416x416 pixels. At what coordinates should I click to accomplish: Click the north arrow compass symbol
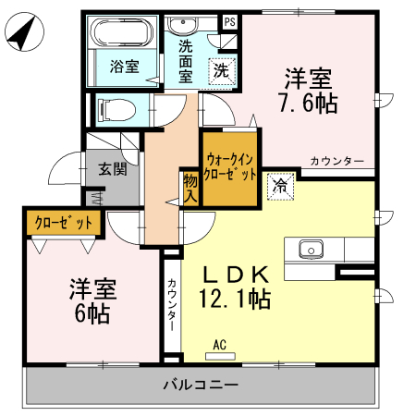coord(23,34)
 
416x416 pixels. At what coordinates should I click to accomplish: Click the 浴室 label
coord(124,67)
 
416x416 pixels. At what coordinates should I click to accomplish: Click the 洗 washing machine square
coord(222,69)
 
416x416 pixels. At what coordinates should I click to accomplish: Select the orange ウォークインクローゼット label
coord(230,165)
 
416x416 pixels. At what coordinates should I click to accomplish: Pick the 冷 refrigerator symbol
coord(280,184)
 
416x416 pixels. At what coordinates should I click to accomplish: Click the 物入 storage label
coord(190,187)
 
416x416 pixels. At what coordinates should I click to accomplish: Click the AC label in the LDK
coord(220,345)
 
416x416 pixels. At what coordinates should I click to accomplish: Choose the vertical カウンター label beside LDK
coord(172,301)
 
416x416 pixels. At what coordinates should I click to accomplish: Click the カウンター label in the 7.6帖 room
coord(337,162)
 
